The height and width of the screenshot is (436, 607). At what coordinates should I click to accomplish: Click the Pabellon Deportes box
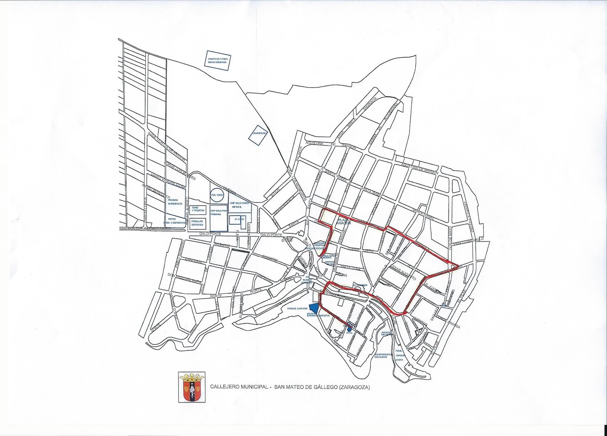pyautogui.click(x=197, y=223)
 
